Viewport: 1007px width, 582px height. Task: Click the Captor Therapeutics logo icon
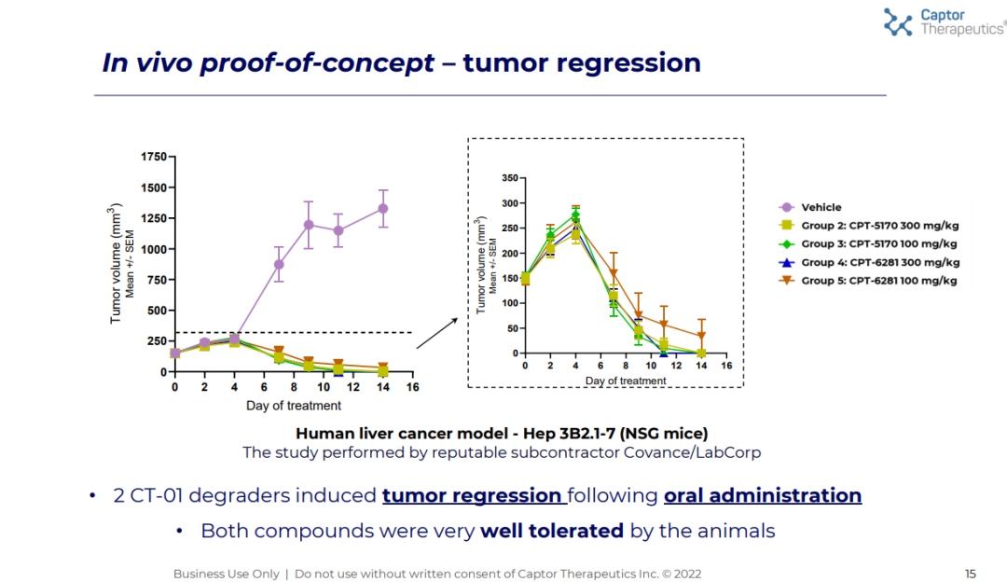[898, 22]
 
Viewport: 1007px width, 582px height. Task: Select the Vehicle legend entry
[821, 208]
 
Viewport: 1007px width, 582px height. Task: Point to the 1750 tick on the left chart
[153, 157]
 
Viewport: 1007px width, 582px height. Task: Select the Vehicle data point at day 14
[383, 208]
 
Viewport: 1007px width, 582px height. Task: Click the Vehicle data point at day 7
[279, 264]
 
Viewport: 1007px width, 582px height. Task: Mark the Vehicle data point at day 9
[309, 225]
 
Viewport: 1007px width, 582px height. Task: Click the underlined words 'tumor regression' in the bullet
[472, 495]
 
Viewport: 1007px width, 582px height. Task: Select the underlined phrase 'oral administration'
[762, 495]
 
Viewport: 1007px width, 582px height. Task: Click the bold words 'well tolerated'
[551, 531]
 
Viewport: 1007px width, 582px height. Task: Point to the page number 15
[971, 574]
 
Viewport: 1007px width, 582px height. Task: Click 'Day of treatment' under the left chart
[294, 406]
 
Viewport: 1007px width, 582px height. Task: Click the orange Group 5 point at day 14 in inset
[701, 336]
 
